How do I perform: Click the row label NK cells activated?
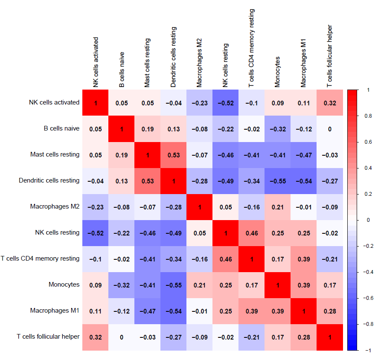point(54,102)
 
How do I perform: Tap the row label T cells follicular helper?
point(49,337)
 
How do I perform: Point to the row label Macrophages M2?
point(55,206)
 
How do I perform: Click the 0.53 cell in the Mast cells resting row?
point(174,155)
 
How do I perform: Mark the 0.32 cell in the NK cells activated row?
point(330,103)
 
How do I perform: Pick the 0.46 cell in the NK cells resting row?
point(252,233)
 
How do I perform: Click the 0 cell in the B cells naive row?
point(330,129)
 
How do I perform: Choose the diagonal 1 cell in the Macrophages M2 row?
point(200,207)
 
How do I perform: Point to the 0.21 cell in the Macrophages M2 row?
point(278,207)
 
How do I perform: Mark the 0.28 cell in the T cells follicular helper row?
point(304,337)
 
